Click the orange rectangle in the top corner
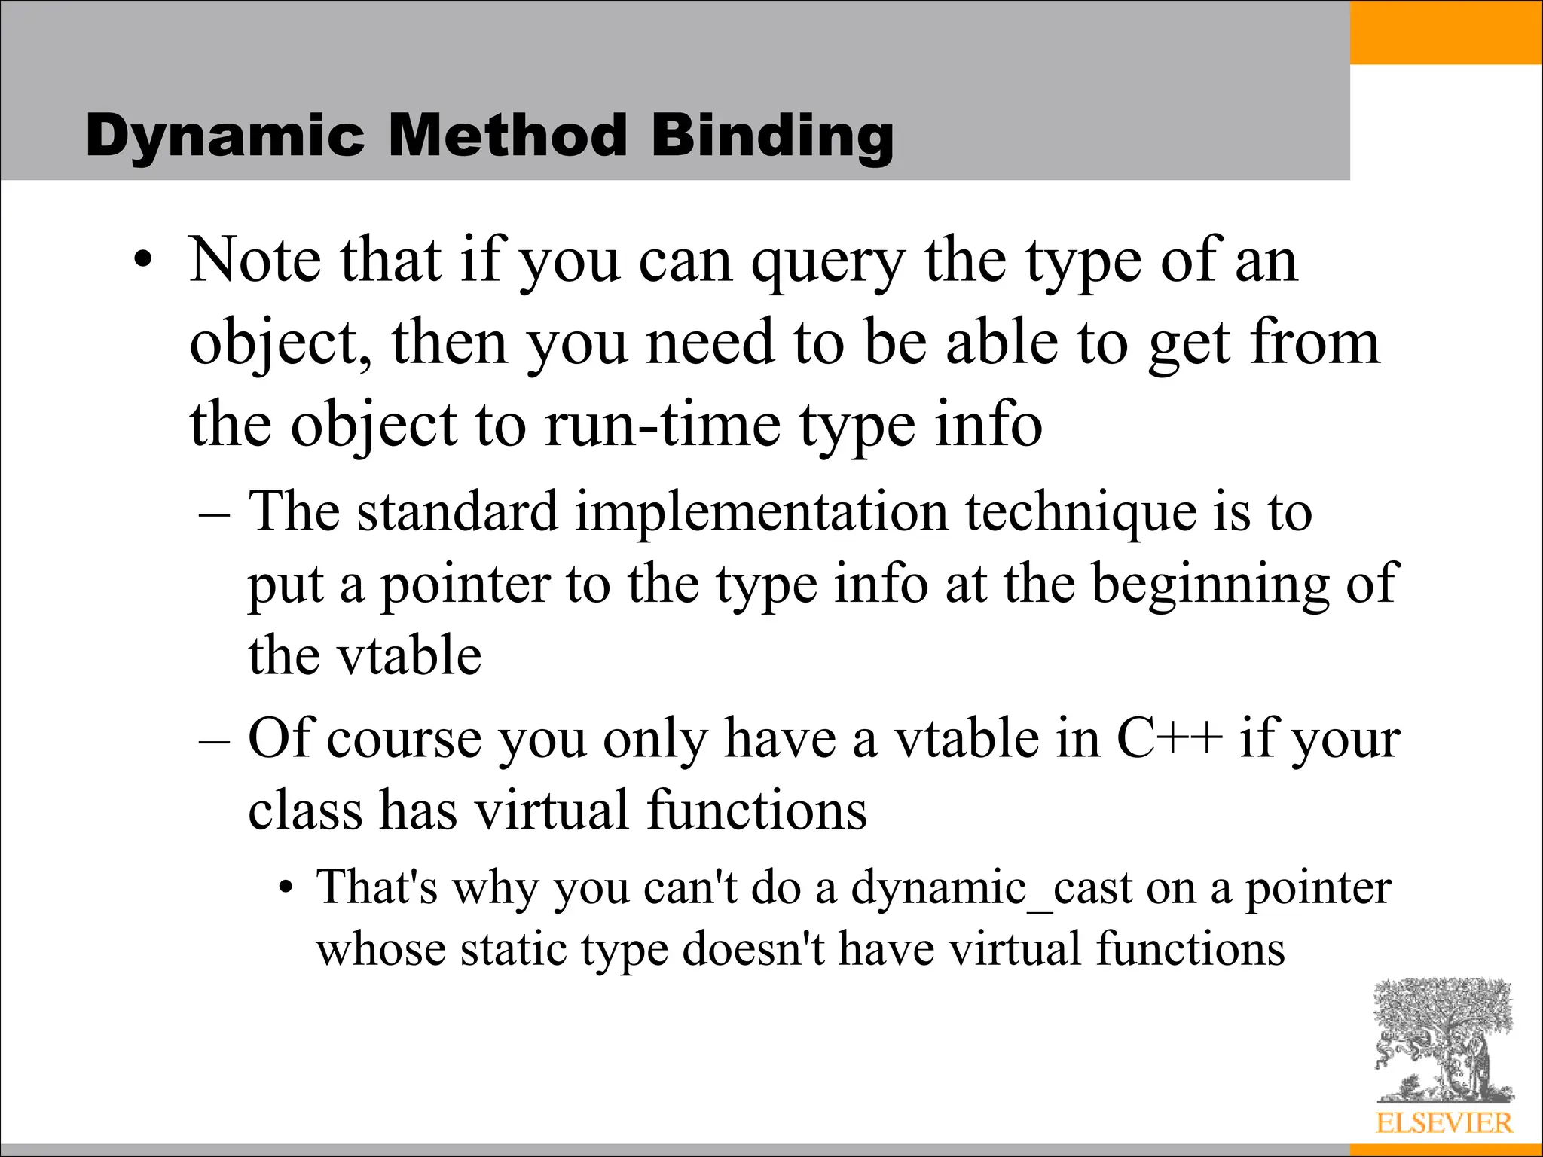tap(1446, 32)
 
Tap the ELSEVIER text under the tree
tap(1444, 1123)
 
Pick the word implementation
tap(761, 512)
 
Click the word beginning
tap(1211, 585)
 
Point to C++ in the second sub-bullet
tap(1169, 738)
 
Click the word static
tap(513, 949)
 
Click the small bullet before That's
tap(284, 890)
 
